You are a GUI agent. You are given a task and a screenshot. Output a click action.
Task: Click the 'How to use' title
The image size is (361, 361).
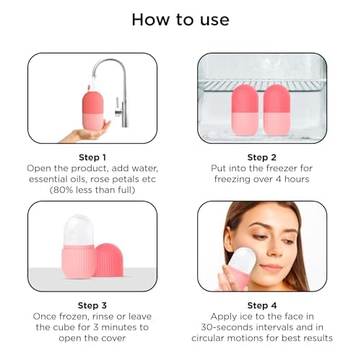pyautogui.click(x=180, y=19)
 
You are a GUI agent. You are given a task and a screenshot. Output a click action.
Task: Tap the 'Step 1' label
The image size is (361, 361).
pyautogui.click(x=92, y=157)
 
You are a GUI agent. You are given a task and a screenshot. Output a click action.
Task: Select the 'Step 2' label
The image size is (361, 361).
pyautogui.click(x=262, y=157)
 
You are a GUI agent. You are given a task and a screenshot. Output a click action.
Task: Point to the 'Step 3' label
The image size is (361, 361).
pyautogui.click(x=92, y=305)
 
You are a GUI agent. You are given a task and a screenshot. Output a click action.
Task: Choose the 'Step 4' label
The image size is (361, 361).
pyautogui.click(x=262, y=305)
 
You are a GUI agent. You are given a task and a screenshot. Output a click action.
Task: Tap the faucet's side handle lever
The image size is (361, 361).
pyautogui.click(x=118, y=107)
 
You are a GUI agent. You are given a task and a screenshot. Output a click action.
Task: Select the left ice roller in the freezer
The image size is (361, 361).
pyautogui.click(x=245, y=111)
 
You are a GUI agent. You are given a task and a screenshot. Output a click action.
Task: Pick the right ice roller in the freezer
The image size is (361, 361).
pyautogui.click(x=277, y=111)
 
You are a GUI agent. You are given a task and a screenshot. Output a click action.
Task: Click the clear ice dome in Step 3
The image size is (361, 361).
pyautogui.click(x=78, y=230)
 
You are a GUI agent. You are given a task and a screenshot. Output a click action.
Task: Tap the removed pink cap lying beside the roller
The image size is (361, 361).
pyautogui.click(x=109, y=261)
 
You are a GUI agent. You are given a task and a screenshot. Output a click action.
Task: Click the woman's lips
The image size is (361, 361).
pyautogui.click(x=271, y=267)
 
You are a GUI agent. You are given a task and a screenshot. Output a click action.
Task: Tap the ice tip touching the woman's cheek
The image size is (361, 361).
pyautogui.click(x=243, y=258)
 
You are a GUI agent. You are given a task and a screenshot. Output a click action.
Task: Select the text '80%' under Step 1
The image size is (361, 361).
pyautogui.click(x=63, y=190)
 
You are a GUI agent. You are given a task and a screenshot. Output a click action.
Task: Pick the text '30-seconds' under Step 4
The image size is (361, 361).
pyautogui.click(x=227, y=327)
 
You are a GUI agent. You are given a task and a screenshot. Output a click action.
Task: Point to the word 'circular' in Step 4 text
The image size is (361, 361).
pyautogui.click(x=208, y=338)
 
